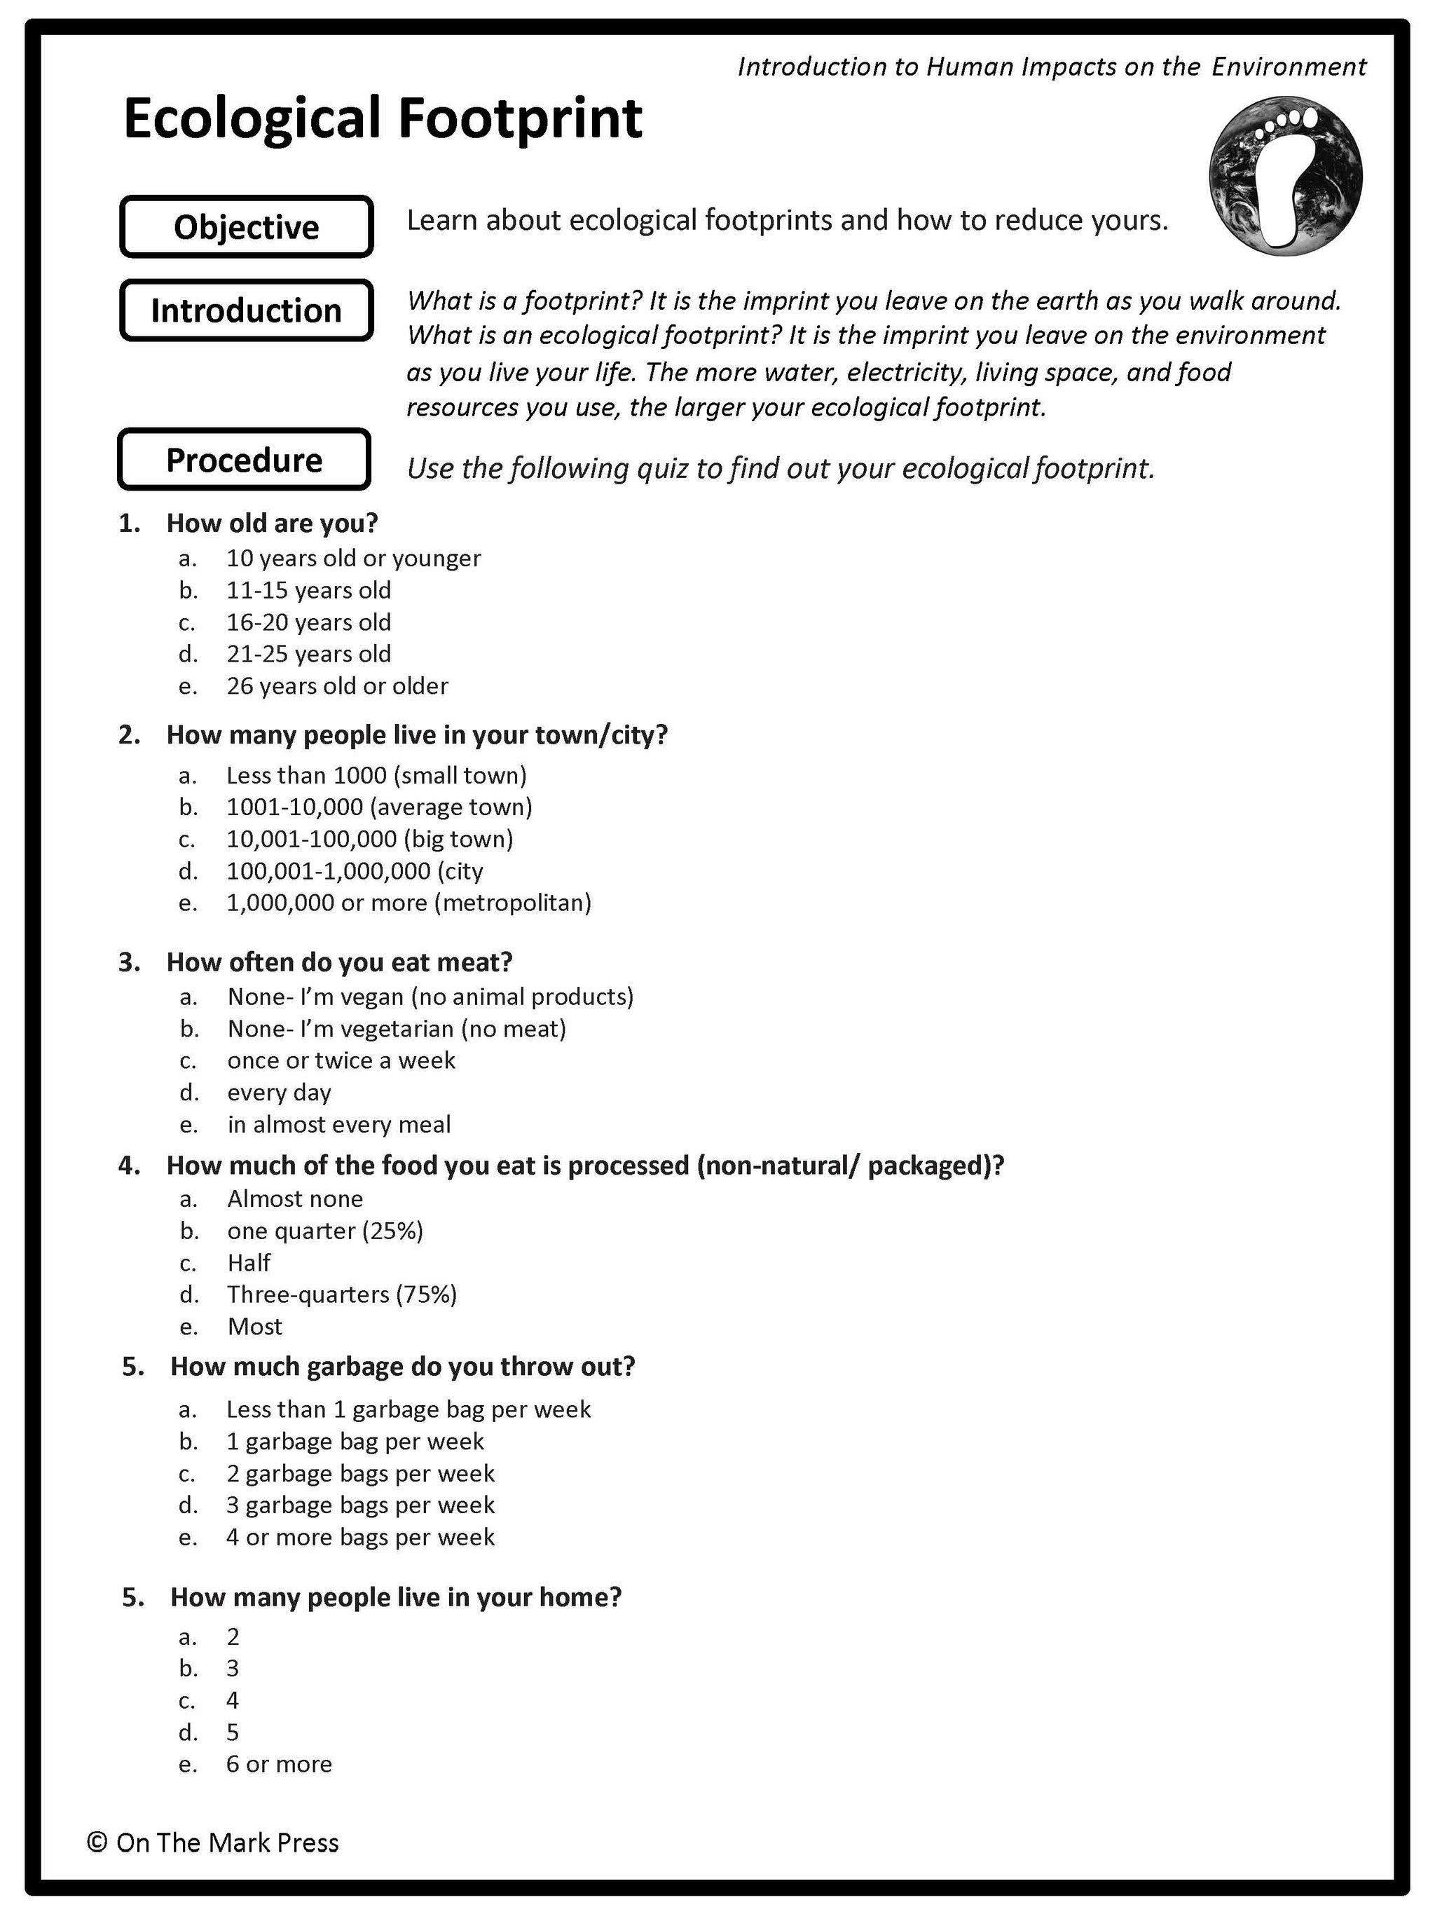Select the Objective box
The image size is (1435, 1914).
coord(247,226)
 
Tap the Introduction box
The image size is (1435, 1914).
coord(247,310)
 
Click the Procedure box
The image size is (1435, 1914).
coord(244,460)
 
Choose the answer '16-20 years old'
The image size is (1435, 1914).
coord(309,622)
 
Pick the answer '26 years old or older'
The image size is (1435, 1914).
coord(337,686)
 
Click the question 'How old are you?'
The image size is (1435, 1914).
coord(272,523)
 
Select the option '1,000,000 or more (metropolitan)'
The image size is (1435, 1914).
coord(408,903)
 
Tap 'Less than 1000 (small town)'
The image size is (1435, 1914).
coord(376,775)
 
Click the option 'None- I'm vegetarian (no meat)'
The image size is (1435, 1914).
coord(396,1029)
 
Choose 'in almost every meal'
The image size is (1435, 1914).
coord(339,1125)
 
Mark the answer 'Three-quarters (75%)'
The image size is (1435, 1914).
coord(342,1294)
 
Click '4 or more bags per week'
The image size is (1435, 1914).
coord(360,1537)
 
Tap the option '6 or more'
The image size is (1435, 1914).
coord(279,1763)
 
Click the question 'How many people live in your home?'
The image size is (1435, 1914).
coord(395,1597)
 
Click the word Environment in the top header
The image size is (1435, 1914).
coord(1288,67)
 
